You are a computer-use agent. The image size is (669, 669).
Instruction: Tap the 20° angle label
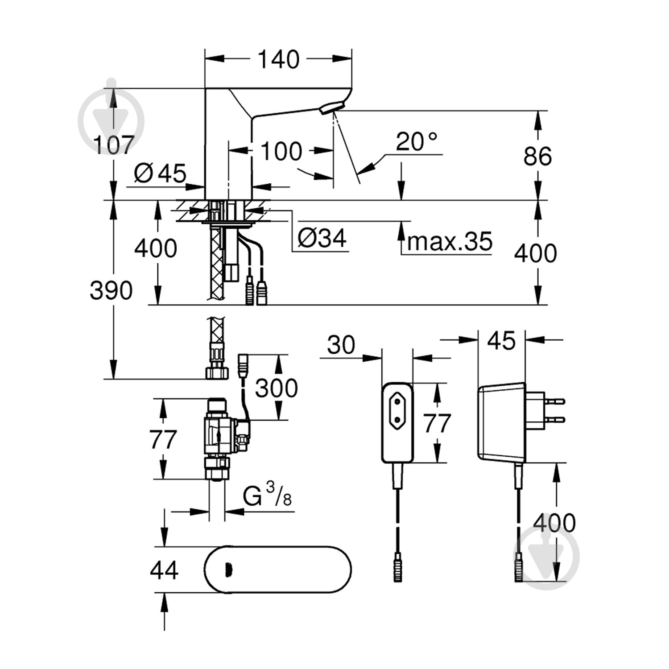417,141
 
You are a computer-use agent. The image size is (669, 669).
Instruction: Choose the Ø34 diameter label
322,239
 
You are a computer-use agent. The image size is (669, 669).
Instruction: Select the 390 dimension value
111,290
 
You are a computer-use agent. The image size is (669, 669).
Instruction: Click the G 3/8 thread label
267,497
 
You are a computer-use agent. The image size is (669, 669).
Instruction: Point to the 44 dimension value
165,570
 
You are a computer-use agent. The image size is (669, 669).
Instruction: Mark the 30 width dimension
341,345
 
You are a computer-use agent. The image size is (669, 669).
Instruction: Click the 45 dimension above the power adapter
502,340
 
